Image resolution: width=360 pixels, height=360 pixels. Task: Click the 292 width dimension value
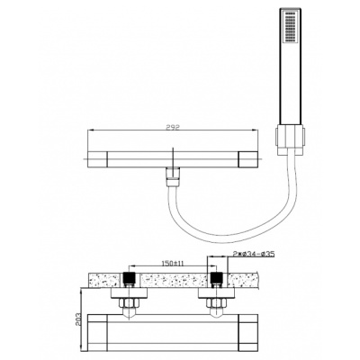click(172, 128)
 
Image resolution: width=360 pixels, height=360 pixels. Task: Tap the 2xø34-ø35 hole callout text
click(253, 255)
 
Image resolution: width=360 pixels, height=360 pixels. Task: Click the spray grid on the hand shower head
click(290, 27)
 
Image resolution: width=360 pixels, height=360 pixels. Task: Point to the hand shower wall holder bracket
click(290, 141)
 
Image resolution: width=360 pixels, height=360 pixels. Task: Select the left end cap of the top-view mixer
click(97, 159)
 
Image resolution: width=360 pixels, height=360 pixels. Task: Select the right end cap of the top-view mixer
click(248, 159)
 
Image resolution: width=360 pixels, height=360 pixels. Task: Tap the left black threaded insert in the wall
click(129, 278)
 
